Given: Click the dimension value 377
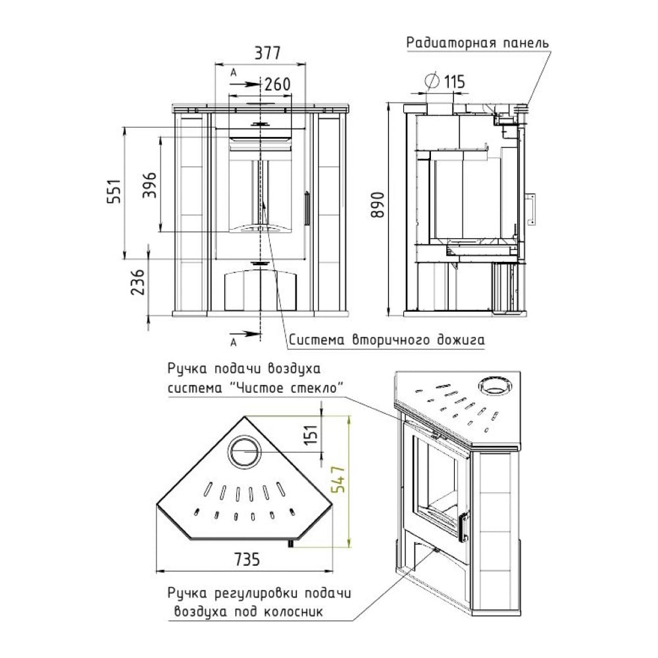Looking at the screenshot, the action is point(267,53).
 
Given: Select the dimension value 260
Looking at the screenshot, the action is point(278,84).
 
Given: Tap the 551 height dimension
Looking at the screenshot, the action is point(114,191).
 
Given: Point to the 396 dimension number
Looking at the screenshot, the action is point(149,185).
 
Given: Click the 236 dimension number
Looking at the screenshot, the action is point(138,282).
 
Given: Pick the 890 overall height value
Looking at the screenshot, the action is point(378,205).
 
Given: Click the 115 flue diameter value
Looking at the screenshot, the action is point(454,82).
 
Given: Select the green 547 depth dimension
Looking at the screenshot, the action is point(338,479).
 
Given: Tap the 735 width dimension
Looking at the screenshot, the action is point(247,559).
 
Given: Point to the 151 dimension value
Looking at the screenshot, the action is point(311,435).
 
